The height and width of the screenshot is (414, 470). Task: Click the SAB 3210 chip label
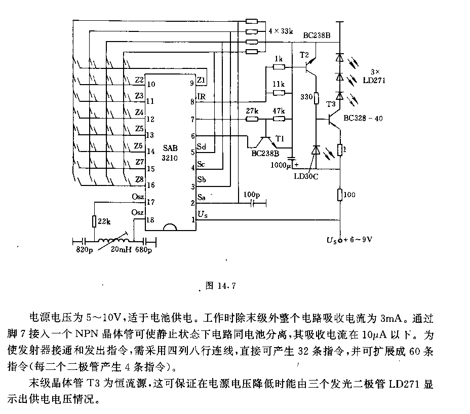click(x=170, y=153)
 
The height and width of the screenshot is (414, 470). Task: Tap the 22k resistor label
click(x=104, y=222)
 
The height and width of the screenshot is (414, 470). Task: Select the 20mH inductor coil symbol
click(x=115, y=240)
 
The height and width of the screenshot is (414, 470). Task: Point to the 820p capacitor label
click(x=85, y=250)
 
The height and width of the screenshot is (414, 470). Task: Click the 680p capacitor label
click(x=143, y=250)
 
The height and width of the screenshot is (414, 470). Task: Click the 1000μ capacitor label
click(x=281, y=165)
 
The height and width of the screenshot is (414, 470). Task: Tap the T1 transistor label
click(x=280, y=138)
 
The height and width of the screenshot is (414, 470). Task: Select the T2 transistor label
click(x=304, y=55)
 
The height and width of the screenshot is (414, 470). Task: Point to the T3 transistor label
click(x=331, y=104)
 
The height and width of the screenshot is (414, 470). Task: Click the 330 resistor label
click(x=306, y=97)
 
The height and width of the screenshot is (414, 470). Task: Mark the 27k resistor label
click(x=252, y=110)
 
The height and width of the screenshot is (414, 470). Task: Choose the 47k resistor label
click(x=279, y=110)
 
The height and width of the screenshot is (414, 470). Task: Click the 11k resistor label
click(x=279, y=84)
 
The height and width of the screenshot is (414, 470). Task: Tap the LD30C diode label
click(x=306, y=176)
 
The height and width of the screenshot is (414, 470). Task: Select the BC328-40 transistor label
click(x=363, y=118)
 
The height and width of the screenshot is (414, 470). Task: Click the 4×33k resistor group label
click(x=281, y=31)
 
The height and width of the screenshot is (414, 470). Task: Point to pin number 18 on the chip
click(x=150, y=220)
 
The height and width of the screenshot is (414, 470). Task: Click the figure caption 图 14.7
click(x=221, y=286)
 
